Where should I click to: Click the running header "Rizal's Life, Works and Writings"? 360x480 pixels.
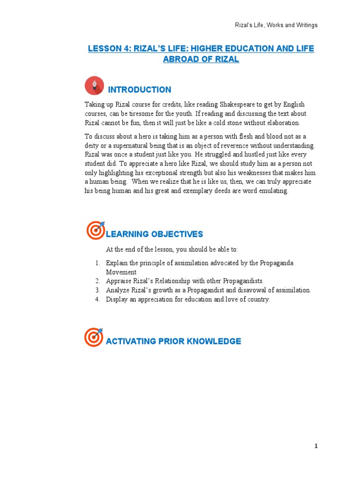(x=276, y=25)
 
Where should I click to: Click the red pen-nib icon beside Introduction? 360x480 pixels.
(x=95, y=86)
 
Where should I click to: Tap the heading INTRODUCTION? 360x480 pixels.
(x=139, y=90)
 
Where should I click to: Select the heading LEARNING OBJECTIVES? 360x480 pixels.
(x=154, y=234)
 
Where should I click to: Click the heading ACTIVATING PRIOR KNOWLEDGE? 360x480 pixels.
(x=173, y=341)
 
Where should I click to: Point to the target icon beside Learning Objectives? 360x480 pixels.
(x=96, y=230)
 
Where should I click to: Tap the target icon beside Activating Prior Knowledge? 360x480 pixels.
(x=94, y=337)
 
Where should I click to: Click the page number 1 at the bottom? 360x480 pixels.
(x=316, y=446)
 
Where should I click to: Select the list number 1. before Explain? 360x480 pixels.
(x=97, y=263)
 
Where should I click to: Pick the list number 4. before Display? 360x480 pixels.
(x=97, y=300)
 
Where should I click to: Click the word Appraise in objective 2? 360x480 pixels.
(x=119, y=281)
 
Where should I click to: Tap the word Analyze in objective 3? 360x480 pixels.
(x=118, y=290)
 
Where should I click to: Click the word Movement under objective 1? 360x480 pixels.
(x=121, y=272)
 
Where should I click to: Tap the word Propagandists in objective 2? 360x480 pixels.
(x=242, y=281)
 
